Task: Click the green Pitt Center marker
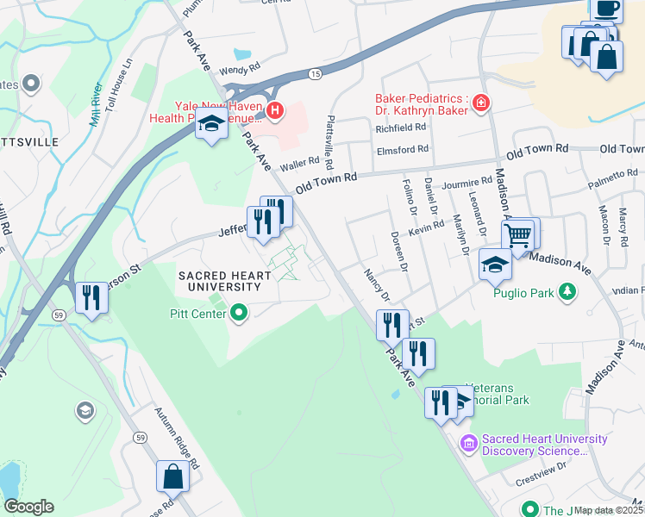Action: [x=239, y=313]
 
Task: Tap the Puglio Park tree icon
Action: [x=567, y=293]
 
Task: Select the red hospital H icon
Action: [x=274, y=109]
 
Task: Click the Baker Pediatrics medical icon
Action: [x=480, y=105]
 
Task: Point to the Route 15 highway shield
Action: [x=316, y=75]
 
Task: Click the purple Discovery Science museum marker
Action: [x=469, y=444]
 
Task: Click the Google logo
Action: [x=28, y=507]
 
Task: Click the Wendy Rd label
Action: [x=239, y=70]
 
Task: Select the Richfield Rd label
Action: [x=401, y=128]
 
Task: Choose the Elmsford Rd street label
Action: [x=403, y=149]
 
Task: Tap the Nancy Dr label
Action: [x=376, y=285]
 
